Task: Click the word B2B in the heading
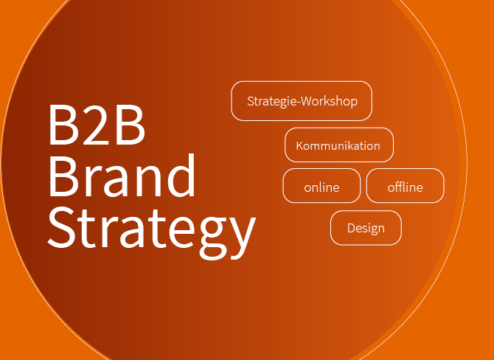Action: (97, 124)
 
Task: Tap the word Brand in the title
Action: (122, 175)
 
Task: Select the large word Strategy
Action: (152, 231)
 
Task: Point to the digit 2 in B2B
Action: (97, 124)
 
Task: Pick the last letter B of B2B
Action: (131, 125)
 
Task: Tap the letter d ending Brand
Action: (181, 175)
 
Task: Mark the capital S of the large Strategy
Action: (61, 226)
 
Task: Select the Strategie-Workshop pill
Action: (302, 101)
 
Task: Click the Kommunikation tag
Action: (339, 145)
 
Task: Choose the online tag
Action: (321, 186)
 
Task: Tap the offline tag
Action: (406, 186)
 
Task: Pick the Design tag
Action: (366, 228)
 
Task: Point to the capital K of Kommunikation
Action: (299, 145)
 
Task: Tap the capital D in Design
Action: (351, 228)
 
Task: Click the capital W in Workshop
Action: (307, 101)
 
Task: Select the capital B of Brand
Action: (63, 176)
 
